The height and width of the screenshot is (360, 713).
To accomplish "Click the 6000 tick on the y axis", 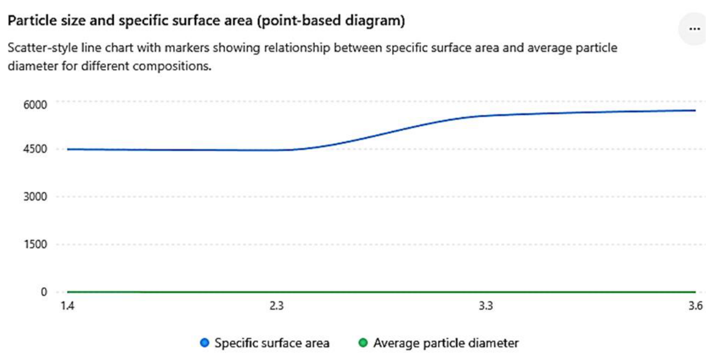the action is tap(35, 105).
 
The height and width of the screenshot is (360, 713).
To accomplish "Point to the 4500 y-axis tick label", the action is tap(35, 149).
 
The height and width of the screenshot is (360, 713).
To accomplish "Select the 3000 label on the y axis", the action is tap(35, 196).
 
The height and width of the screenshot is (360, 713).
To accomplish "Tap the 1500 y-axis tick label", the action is tap(36, 244).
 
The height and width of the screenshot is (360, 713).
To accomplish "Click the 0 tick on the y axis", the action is tap(44, 292).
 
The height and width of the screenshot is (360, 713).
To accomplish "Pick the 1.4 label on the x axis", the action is tap(67, 306).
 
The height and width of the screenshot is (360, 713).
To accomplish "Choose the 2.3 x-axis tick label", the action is tap(277, 306).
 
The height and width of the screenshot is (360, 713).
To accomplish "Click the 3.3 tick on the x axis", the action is tap(486, 306).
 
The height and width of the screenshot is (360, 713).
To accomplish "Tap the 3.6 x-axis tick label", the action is tap(695, 306).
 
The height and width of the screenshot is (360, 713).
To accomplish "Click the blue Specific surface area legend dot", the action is tap(205, 343).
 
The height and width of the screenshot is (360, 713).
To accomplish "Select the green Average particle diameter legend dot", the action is tap(363, 343).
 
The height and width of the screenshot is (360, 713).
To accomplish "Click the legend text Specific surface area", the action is tap(272, 343).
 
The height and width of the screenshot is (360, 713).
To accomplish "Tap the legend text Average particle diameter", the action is tap(446, 343).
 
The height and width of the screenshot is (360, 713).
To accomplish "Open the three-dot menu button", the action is tap(694, 29).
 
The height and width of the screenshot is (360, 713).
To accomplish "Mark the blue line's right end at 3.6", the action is tap(695, 110).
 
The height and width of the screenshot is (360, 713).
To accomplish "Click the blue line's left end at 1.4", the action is tap(68, 149).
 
